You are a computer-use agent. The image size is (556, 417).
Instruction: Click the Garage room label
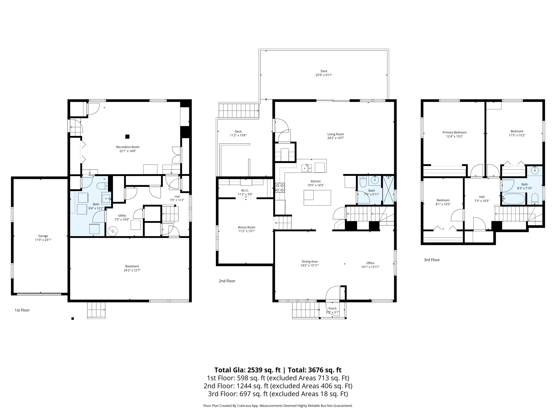pos(43,236)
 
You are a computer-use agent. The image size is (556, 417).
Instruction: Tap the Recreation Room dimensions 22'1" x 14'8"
pos(128,151)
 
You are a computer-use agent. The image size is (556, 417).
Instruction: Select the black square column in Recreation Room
pos(127,137)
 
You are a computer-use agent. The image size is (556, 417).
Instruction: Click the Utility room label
pos(122,216)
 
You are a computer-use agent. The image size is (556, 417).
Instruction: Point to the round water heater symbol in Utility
pos(112,231)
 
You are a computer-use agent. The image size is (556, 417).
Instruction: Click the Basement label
pos(132,266)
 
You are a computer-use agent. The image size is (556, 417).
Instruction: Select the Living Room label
pos(336,134)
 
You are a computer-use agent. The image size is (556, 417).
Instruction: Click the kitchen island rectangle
pos(317,198)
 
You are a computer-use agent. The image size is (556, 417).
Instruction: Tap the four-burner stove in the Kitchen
pos(280,188)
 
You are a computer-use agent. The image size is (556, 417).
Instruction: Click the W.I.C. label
pos(245,191)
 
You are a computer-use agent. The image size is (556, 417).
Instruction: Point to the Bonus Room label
pos(247,227)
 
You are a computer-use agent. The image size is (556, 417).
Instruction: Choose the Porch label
pos(332,308)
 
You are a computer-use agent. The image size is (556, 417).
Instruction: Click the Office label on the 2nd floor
pos(370,263)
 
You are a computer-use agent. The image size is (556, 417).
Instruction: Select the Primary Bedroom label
pos(454,132)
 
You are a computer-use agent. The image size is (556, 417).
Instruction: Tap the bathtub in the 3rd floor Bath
pos(513,199)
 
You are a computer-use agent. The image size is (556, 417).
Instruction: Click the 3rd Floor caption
pos(432,260)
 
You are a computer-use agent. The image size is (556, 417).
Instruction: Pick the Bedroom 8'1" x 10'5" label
pos(443,200)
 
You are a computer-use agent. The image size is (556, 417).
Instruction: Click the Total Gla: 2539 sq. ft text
pos(247,370)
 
